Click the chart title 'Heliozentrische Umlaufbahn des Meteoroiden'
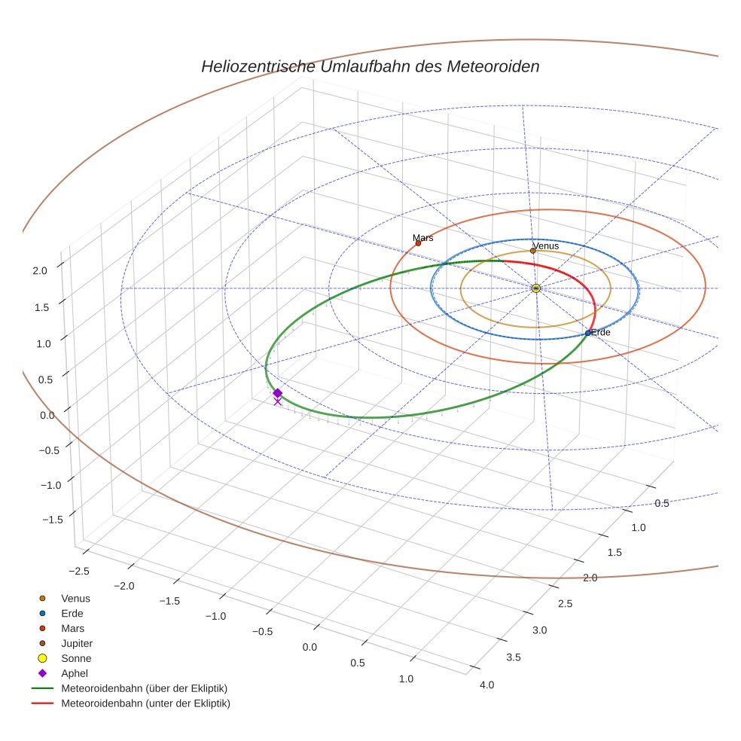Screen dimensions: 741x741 point(370,66)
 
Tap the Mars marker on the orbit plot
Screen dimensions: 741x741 point(418,242)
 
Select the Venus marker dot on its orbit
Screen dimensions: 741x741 point(532,250)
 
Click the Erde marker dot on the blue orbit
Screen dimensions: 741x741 point(588,333)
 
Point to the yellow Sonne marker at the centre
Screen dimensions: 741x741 point(535,288)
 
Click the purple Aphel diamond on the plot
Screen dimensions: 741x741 point(277,393)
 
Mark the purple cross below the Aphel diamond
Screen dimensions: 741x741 point(277,401)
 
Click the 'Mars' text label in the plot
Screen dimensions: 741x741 point(423,237)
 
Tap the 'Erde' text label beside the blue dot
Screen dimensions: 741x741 point(601,332)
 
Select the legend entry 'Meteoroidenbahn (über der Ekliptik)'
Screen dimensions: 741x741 point(144,688)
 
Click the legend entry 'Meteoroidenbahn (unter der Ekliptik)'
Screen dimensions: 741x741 point(145,703)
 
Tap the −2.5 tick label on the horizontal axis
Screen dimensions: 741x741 point(78,570)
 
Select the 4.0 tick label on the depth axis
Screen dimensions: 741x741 point(486,685)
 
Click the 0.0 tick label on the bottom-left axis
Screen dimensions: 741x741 point(310,647)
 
